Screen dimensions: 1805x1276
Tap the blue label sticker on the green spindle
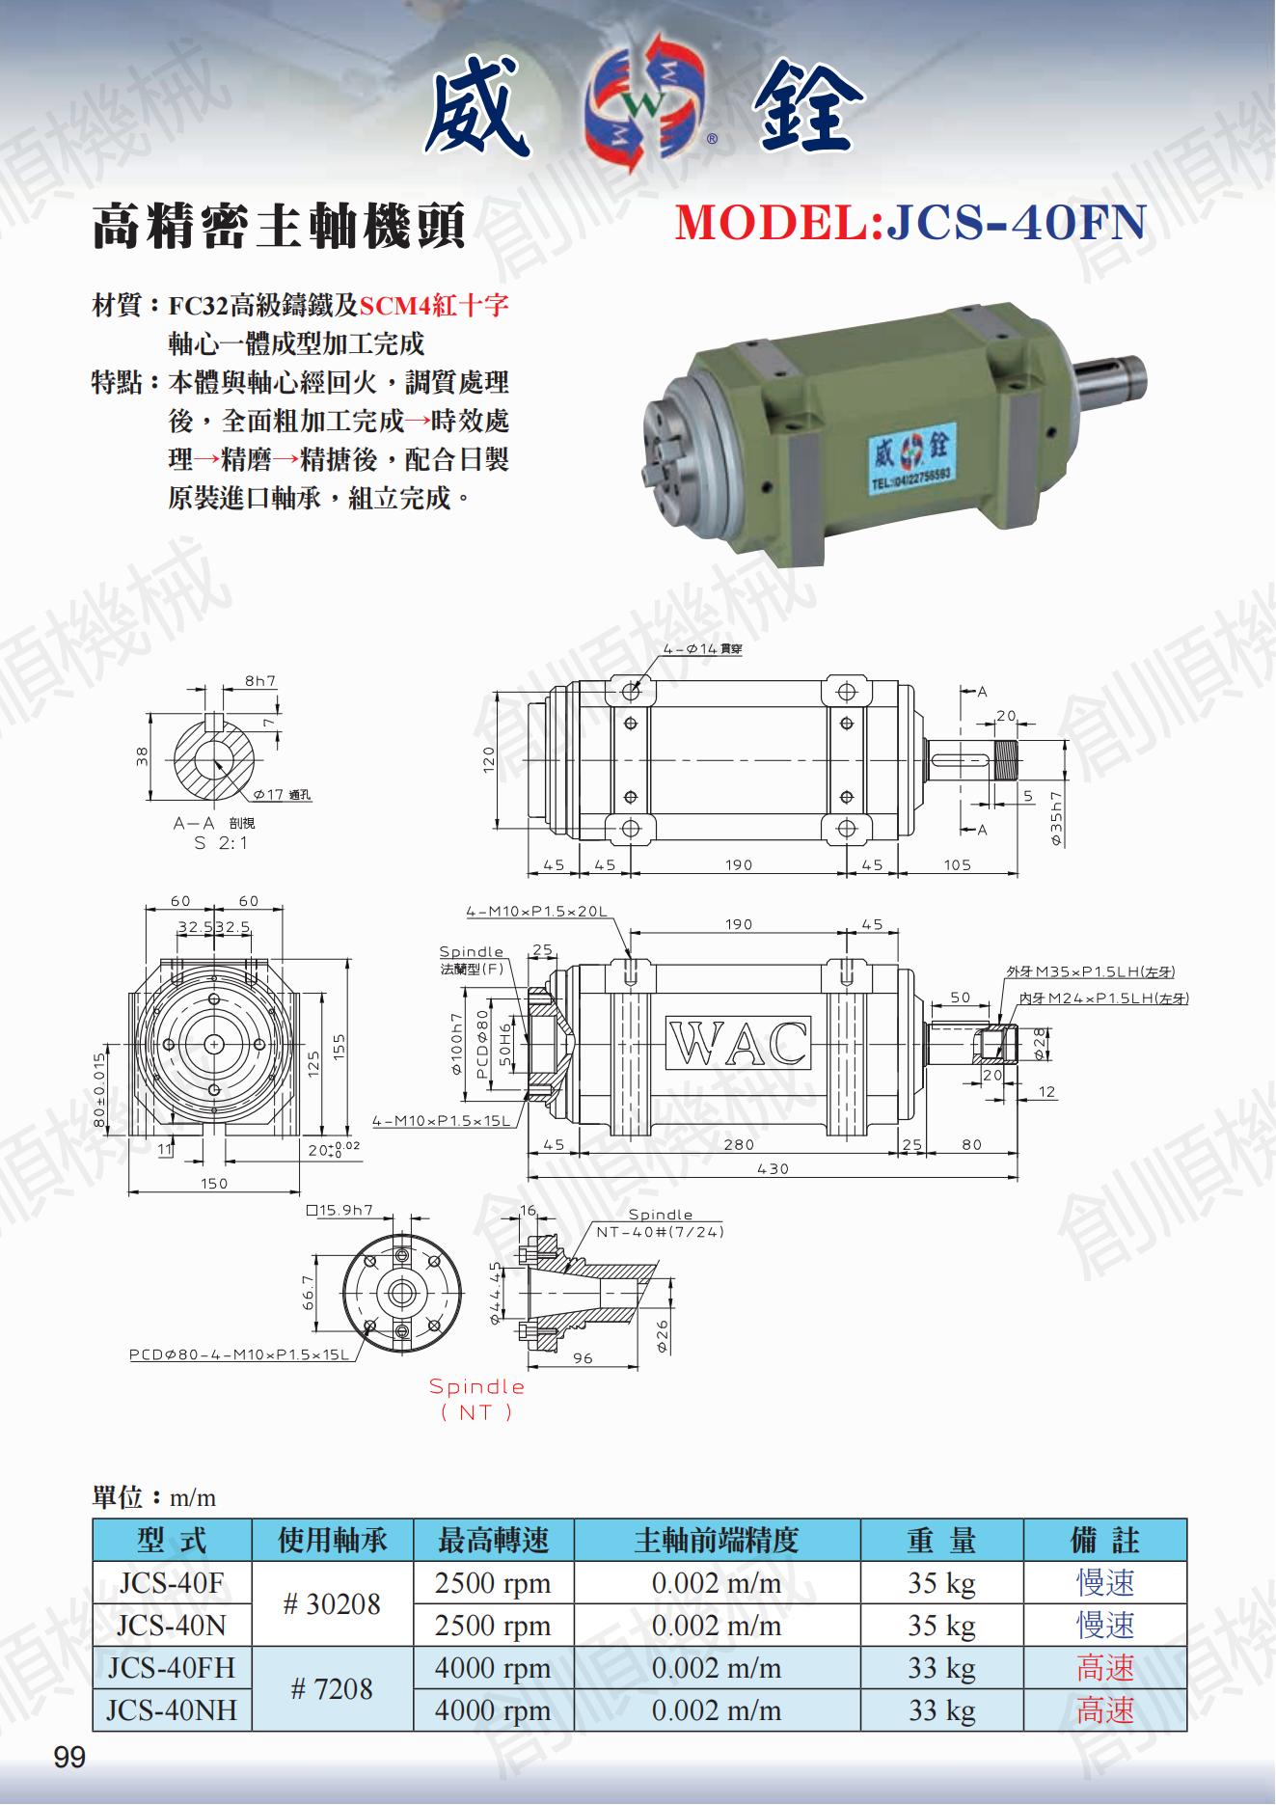pos(909,458)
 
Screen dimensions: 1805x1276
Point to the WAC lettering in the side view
pos(738,1043)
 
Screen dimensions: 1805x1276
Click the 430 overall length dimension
pos(773,1168)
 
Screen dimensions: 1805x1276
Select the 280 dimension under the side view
pos(739,1144)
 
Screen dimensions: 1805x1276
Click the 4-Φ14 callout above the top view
pos(702,649)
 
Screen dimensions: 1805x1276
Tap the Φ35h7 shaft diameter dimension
pos(1057,818)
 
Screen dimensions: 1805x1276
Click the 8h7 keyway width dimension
pos(260,680)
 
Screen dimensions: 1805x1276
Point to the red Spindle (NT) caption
pos(476,1398)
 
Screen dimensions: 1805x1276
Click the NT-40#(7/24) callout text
pos(660,1232)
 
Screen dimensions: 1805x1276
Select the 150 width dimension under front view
pos(214,1183)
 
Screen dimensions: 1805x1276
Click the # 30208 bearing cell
pos(332,1603)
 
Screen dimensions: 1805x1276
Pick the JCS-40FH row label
pos(172,1667)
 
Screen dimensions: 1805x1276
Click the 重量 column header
pos(940,1540)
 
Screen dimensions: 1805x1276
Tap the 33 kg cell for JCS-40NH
pos(940,1710)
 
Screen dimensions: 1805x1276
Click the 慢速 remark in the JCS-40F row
pos(1105,1582)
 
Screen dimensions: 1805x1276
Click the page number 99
pos(70,1758)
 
